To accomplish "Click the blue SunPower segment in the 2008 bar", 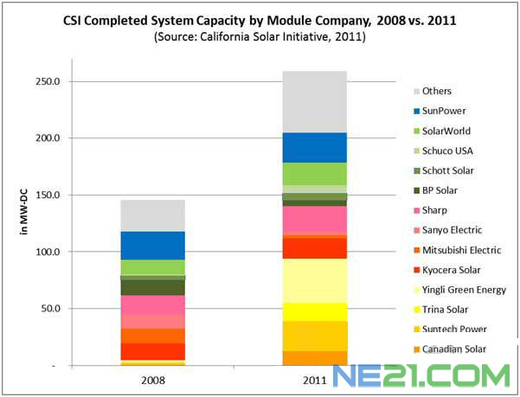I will click(x=152, y=245).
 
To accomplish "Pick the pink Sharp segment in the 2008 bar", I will click(x=152, y=304).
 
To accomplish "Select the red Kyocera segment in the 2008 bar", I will click(x=152, y=350).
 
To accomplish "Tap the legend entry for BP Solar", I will click(x=441, y=190).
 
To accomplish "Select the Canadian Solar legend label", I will click(x=453, y=349).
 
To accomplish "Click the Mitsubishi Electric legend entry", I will click(x=459, y=250).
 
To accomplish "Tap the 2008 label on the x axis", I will click(x=152, y=378).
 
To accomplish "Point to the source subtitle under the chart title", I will click(x=260, y=37).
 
